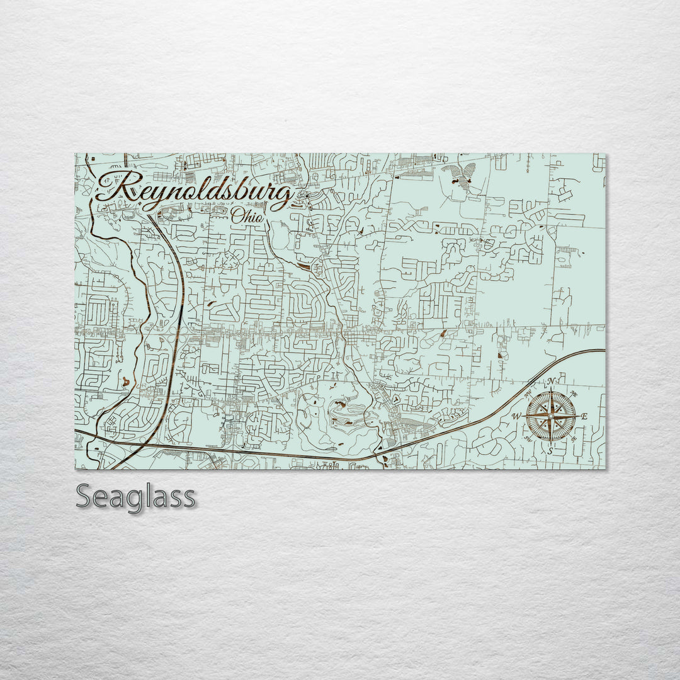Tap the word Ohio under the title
[x=247, y=215]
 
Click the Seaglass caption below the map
[x=135, y=497]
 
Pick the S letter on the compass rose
[x=550, y=451]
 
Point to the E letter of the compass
[x=584, y=416]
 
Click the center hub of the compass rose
[x=550, y=416]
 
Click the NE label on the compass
[x=572, y=395]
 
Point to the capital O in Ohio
[x=237, y=215]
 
